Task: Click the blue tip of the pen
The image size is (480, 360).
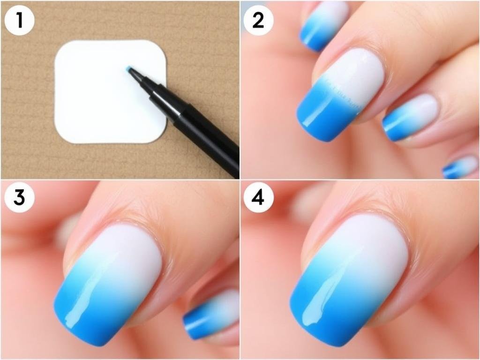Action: click(129, 69)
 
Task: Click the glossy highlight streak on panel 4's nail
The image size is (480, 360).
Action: click(328, 295)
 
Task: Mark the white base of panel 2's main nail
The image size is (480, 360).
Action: click(354, 73)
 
